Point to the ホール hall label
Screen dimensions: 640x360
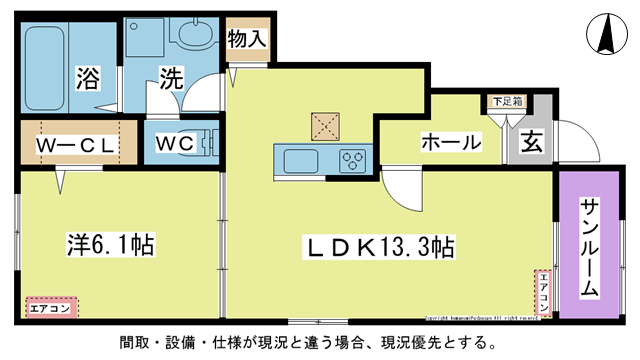[450, 142]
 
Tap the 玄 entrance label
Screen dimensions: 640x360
[530, 142]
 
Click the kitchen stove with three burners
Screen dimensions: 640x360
[353, 160]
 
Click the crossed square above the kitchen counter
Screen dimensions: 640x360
[325, 124]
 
